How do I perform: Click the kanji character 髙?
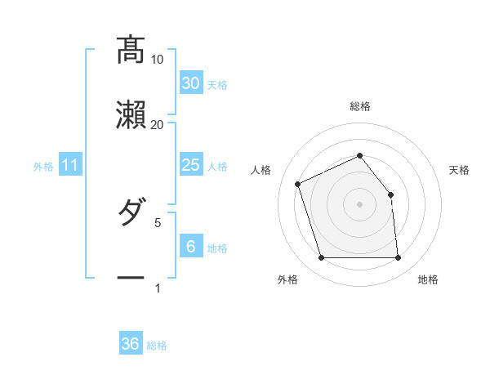(x=131, y=50)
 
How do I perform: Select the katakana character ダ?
(x=131, y=213)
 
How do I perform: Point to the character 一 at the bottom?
(x=131, y=278)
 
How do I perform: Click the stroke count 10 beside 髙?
(x=158, y=60)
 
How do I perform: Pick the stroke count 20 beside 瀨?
(x=158, y=124)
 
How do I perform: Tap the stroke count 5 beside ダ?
(x=158, y=221)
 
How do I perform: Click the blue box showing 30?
(x=190, y=83)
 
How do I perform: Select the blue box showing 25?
(x=190, y=165)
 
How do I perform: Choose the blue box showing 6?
(x=190, y=246)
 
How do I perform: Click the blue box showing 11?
(x=70, y=165)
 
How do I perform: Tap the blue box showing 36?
(x=131, y=344)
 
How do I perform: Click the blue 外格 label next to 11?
(x=43, y=167)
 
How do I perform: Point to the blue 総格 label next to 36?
(x=157, y=346)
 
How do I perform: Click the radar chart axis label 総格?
(x=360, y=106)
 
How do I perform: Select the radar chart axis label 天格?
(x=460, y=170)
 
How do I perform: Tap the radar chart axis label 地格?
(x=428, y=279)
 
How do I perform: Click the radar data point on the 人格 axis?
(x=299, y=184)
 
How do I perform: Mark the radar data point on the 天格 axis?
(x=390, y=194)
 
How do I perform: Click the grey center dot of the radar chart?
(x=359, y=204)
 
